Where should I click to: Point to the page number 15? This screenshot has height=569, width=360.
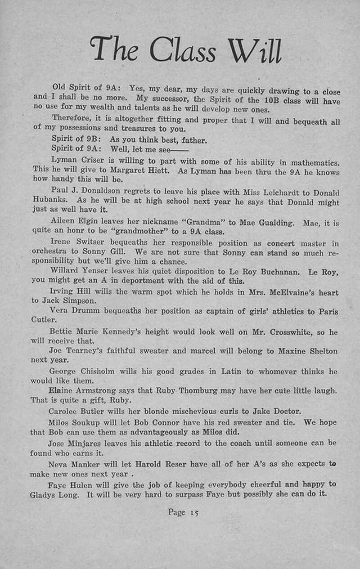(194, 512)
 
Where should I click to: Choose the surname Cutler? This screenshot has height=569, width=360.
(43, 320)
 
